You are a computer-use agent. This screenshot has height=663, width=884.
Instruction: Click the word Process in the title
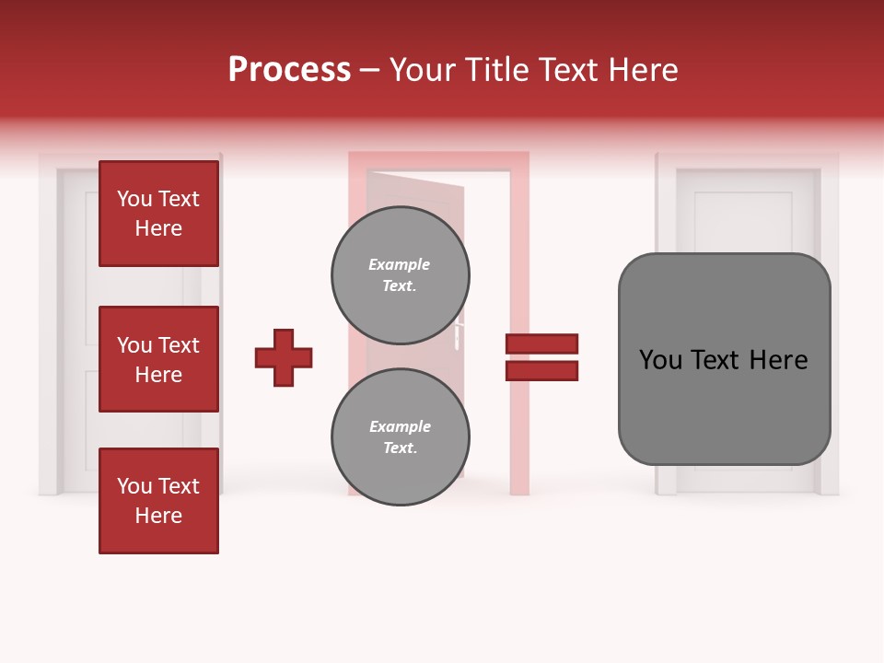pyautogui.click(x=289, y=70)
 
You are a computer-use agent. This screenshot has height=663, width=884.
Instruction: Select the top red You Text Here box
pyautogui.click(x=158, y=214)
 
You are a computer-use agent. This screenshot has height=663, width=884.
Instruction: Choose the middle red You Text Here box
pyautogui.click(x=158, y=359)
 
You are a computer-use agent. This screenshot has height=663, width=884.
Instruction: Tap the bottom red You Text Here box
pyautogui.click(x=158, y=501)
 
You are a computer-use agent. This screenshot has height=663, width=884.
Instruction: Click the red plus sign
pyautogui.click(x=284, y=357)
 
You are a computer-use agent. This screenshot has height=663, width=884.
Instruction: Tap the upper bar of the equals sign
pyautogui.click(x=542, y=343)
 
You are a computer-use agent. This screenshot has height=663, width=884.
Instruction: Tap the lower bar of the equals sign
pyautogui.click(x=542, y=371)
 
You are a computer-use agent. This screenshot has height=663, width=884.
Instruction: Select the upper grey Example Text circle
pyautogui.click(x=401, y=274)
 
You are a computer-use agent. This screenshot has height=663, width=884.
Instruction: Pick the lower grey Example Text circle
pyautogui.click(x=401, y=436)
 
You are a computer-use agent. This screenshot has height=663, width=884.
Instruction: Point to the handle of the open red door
pyautogui.click(x=457, y=333)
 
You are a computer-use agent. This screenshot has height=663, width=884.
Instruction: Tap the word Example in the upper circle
pyautogui.click(x=399, y=264)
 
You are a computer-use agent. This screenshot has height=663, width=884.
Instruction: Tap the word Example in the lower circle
pyautogui.click(x=399, y=426)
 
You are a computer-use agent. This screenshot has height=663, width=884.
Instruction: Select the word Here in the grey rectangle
pyautogui.click(x=779, y=360)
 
